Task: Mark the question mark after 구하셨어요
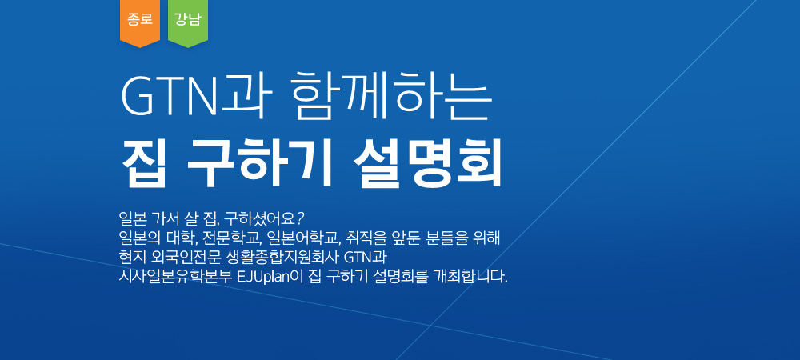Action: click(300, 218)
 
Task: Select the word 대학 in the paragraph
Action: click(186, 238)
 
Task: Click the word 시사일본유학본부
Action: click(175, 278)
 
